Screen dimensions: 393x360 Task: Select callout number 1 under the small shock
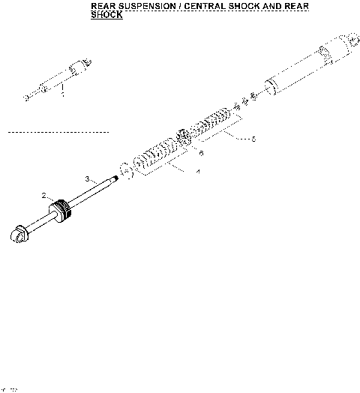pyautogui.click(x=63, y=95)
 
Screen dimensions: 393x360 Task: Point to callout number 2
pyautogui.click(x=44, y=196)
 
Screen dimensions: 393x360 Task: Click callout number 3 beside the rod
pyautogui.click(x=87, y=178)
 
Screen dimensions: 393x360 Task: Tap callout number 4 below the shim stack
pyautogui.click(x=198, y=172)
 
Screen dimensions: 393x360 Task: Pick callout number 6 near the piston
pyautogui.click(x=200, y=152)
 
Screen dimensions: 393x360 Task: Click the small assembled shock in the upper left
pyautogui.click(x=60, y=80)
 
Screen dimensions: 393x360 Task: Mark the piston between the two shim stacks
pyautogui.click(x=182, y=138)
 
